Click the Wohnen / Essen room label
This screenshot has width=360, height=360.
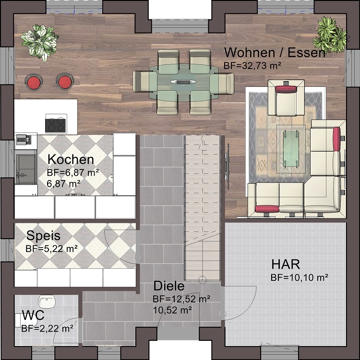(275, 52)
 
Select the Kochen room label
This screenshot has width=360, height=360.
(71, 160)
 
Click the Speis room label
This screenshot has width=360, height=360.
(43, 236)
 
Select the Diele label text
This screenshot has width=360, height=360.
(169, 287)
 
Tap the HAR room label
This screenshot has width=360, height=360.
(286, 264)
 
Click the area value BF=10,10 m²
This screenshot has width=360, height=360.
(299, 277)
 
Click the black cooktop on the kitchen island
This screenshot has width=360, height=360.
(55, 124)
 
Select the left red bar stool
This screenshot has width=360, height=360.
(34, 82)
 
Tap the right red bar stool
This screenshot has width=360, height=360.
(64, 82)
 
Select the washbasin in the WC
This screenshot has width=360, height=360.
(47, 302)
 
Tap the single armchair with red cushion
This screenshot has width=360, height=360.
(287, 99)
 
